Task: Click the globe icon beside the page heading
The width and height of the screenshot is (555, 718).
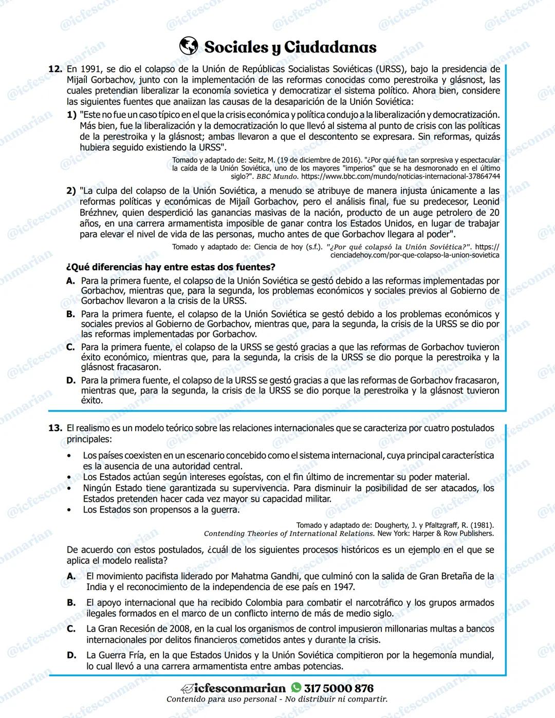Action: (x=189, y=46)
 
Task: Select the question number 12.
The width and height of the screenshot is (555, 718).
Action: (x=55, y=69)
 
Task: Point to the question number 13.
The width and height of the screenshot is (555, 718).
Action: (x=55, y=428)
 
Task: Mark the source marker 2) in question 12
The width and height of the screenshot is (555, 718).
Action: (x=71, y=191)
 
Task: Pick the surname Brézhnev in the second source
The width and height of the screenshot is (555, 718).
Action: (x=101, y=212)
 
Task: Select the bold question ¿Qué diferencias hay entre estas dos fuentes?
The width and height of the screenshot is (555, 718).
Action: (x=171, y=267)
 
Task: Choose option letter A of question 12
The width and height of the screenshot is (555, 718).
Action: (x=71, y=281)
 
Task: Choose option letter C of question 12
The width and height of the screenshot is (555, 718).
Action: (x=71, y=347)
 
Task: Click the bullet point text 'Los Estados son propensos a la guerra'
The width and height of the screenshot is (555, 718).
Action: (x=161, y=510)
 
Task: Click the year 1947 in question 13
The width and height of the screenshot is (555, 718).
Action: (x=343, y=587)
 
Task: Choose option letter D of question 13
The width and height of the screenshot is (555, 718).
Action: (x=71, y=655)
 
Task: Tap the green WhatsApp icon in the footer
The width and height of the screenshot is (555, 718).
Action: (x=296, y=688)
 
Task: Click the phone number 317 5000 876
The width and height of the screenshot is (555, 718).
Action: (x=339, y=688)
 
